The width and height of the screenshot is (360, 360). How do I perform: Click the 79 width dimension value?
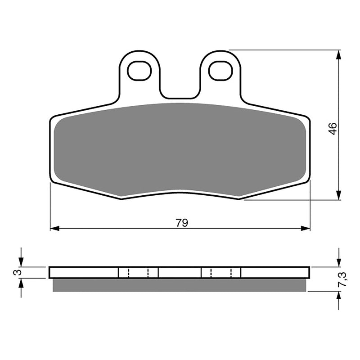[x=182, y=223]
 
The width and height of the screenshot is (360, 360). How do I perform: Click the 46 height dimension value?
[x=333, y=129]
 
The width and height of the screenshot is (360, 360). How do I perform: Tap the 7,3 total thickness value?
[x=342, y=279]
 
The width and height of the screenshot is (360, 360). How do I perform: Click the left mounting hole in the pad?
[x=139, y=71]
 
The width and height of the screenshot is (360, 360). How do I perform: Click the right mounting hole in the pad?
[x=220, y=71]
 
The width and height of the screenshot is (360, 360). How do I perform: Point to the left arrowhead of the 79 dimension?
[x=54, y=228]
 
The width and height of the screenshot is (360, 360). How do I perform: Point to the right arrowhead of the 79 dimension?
[x=306, y=228]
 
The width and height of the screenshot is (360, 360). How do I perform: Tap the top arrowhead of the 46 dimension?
[x=339, y=54]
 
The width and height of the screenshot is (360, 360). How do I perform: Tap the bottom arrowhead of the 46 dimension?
[x=339, y=195]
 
